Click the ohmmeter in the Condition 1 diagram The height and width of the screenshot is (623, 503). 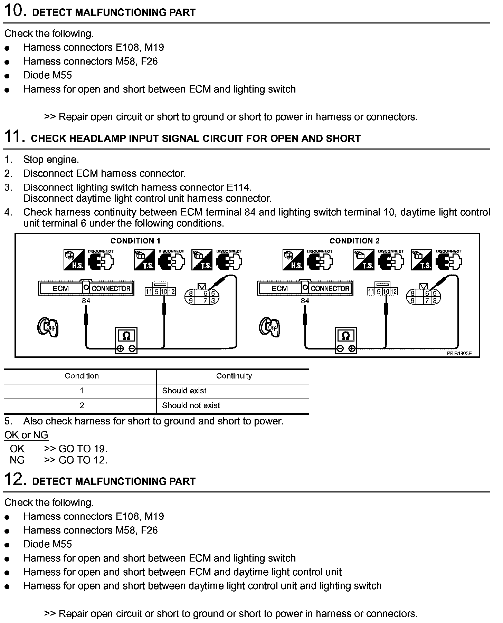click(x=126, y=340)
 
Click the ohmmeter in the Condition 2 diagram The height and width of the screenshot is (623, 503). click(x=346, y=340)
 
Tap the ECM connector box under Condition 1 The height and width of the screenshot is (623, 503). click(x=86, y=288)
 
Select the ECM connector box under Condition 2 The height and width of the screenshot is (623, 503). click(x=305, y=288)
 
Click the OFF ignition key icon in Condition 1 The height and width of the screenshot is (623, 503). click(x=48, y=327)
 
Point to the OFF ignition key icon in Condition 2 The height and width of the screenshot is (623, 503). click(x=270, y=327)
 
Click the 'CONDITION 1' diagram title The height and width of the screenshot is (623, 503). click(x=135, y=241)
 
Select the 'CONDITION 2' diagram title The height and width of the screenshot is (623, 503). click(x=354, y=241)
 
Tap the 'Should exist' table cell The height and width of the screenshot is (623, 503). click(x=184, y=391)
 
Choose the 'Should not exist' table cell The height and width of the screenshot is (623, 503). click(x=191, y=405)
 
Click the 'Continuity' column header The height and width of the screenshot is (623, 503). click(x=234, y=376)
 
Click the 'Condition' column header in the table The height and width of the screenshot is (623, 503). click(x=82, y=376)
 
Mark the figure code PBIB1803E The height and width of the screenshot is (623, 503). click(x=459, y=354)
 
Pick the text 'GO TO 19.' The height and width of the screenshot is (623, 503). click(x=83, y=449)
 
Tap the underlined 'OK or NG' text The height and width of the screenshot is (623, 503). click(x=26, y=435)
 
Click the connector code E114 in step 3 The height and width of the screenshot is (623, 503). click(x=238, y=187)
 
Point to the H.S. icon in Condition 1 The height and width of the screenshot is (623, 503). click(x=74, y=260)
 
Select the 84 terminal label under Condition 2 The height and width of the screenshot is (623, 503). click(x=305, y=300)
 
